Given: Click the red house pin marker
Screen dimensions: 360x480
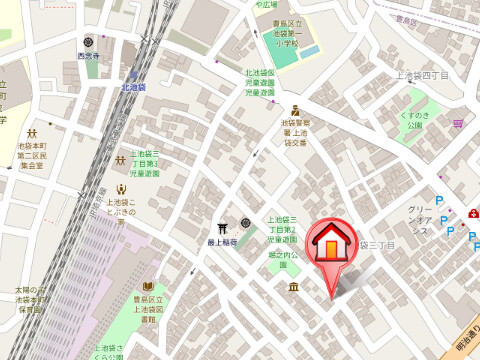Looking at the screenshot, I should (329, 247).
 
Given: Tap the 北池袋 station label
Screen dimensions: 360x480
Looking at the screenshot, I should (133, 87).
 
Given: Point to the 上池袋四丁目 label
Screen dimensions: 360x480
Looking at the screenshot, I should (422, 75).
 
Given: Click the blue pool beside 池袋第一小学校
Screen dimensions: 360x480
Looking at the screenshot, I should (310, 50).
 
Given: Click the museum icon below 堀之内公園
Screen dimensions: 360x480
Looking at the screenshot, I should (293, 288).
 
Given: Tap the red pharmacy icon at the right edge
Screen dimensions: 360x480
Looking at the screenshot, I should (472, 214).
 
